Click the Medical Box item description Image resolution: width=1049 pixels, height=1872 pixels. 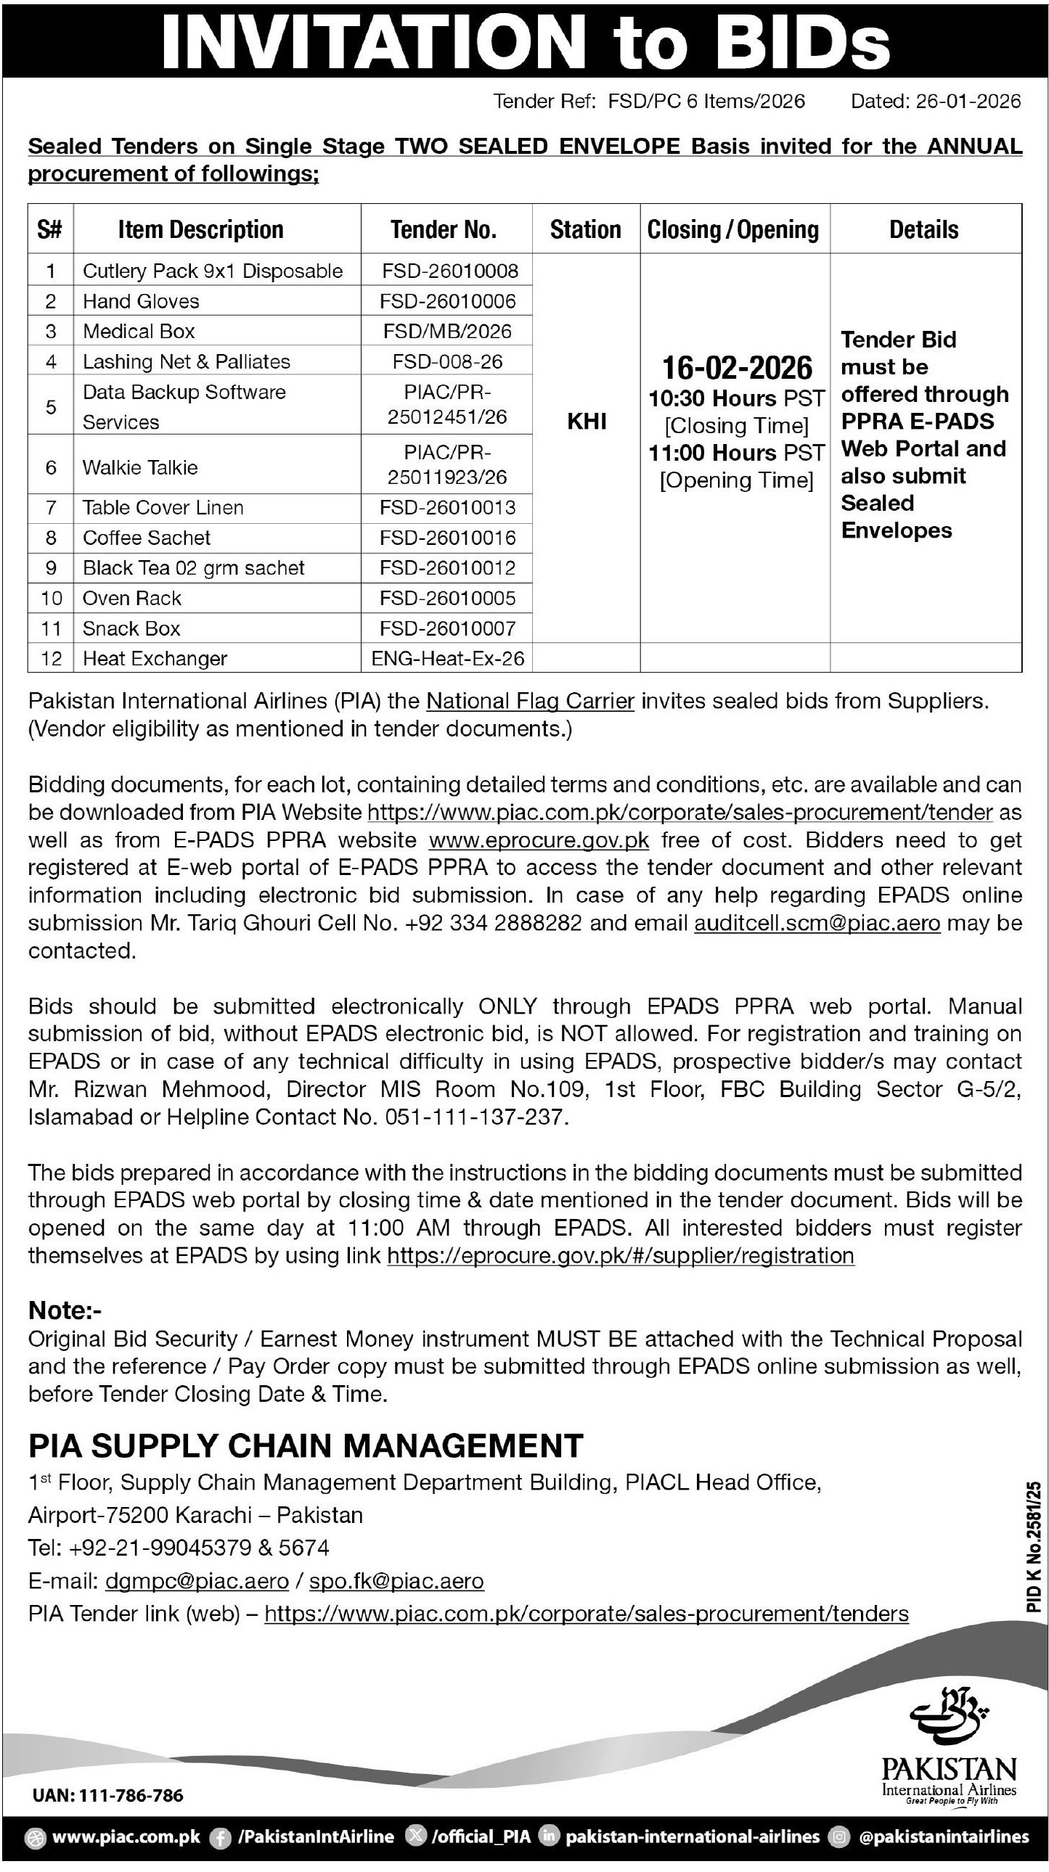[x=138, y=332]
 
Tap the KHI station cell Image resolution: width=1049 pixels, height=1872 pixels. [x=587, y=422]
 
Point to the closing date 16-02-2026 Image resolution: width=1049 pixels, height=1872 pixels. [x=736, y=368]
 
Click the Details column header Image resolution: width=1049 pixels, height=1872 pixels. [x=924, y=229]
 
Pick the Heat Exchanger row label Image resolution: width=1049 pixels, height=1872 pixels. [x=154, y=658]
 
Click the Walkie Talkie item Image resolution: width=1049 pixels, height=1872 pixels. [x=139, y=467]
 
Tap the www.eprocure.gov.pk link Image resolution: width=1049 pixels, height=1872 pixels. [x=539, y=840]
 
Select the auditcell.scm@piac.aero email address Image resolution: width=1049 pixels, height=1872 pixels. [x=817, y=923]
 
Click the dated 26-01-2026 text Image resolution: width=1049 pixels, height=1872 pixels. [x=936, y=101]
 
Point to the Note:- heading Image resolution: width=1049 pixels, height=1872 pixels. [x=65, y=1310]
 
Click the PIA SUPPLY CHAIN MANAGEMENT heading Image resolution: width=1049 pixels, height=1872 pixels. [x=306, y=1446]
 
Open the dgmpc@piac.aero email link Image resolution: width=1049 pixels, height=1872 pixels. [x=197, y=1580]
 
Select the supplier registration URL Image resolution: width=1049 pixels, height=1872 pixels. [x=620, y=1256]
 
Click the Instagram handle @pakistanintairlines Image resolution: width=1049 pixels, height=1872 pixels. [x=943, y=1837]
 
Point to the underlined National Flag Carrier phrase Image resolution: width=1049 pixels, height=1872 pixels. [x=530, y=701]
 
